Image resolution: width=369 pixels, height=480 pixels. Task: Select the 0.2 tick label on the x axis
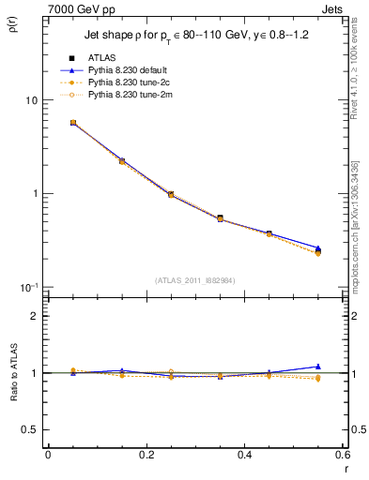coord(146,455)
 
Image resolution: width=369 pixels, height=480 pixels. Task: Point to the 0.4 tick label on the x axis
coord(244,455)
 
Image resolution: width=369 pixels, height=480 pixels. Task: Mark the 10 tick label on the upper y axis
coord(31,100)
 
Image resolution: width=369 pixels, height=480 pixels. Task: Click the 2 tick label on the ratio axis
coord(35,317)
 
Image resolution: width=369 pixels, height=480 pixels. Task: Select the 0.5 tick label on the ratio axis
coord(31,429)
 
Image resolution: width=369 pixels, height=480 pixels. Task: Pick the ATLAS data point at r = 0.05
coord(73,123)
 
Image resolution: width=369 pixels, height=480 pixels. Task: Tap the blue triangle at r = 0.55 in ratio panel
coord(317,367)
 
